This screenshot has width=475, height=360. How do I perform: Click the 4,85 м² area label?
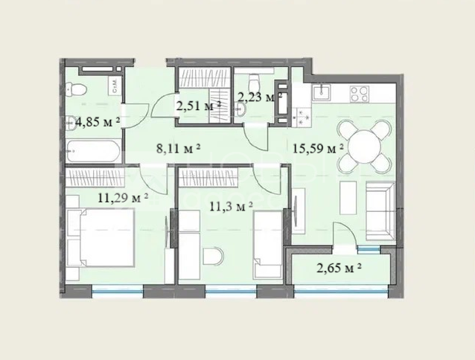pyautogui.click(x=98, y=122)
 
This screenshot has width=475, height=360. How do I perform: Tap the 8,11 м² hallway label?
pyautogui.click(x=178, y=149)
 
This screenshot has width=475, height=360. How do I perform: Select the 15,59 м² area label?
pyautogui.click(x=318, y=149)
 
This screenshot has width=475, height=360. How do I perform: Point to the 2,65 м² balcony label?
pyautogui.click(x=339, y=268)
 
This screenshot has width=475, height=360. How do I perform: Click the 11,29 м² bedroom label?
pyautogui.click(x=123, y=198)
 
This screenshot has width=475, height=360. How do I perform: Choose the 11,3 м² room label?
pyautogui.click(x=231, y=207)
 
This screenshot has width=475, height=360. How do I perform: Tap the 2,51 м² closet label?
pyautogui.click(x=199, y=106)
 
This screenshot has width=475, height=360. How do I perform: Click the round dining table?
pyautogui.click(x=364, y=147)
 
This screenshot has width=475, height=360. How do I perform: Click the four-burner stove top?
pyautogui.click(x=360, y=94)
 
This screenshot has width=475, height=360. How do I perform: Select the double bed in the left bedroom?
pyautogui.click(x=101, y=238)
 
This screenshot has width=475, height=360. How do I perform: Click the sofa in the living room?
pyautogui.click(x=380, y=210)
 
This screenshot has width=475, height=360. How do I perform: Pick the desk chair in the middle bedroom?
pyautogui.click(x=213, y=256)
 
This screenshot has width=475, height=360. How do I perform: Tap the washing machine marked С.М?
pyautogui.click(x=115, y=86)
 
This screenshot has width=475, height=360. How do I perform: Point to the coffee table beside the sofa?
pyautogui.click(x=348, y=198)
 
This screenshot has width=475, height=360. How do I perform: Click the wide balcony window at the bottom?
pyautogui.click(x=341, y=292)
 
